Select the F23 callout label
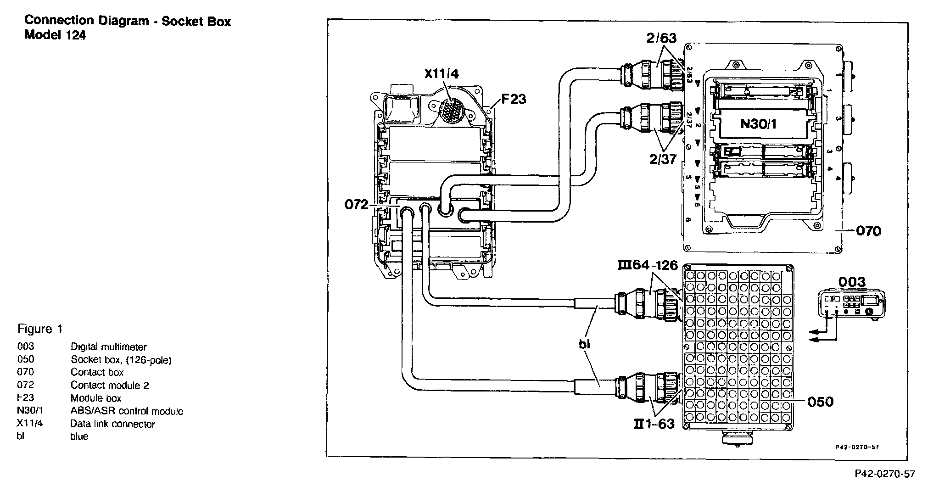pos(513,99)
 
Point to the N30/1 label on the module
pos(758,123)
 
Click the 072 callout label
pos(357,204)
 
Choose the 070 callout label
pos(868,230)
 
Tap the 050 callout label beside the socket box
pos(820,402)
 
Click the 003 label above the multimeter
pos(852,281)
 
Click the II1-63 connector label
pos(654,424)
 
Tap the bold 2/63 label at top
pos(661,38)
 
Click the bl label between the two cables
pos(584,344)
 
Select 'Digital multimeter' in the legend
pos(108,347)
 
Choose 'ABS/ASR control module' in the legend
pos(127,411)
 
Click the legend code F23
pos(26,398)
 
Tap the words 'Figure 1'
pos(39,329)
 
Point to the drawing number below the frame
pos(884,474)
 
